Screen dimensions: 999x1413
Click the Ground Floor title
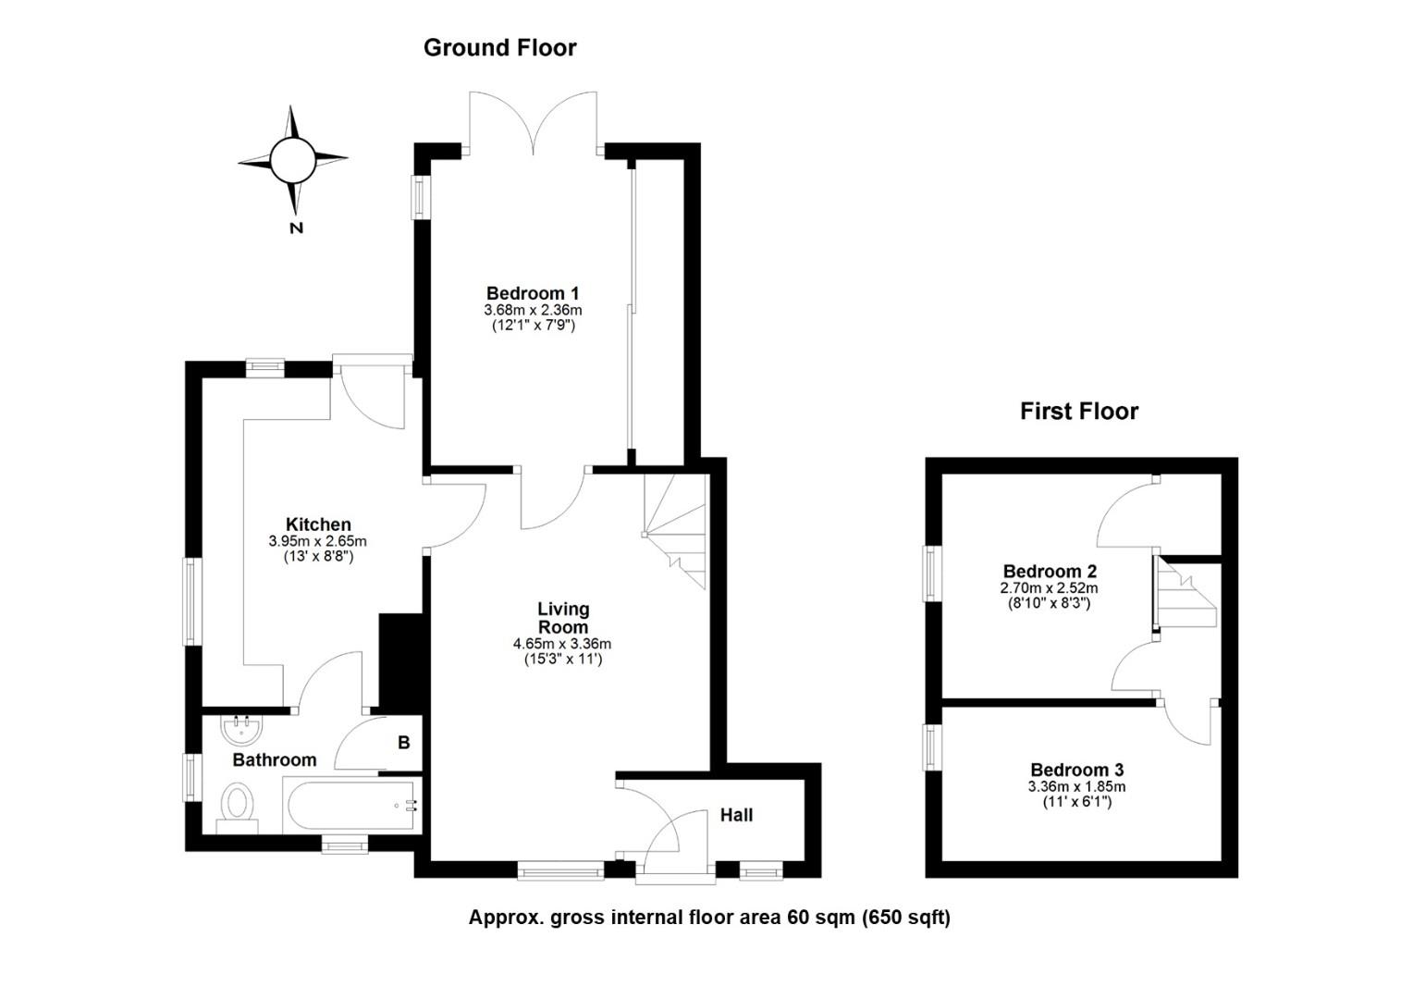(x=499, y=48)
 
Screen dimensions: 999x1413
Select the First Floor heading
(x=1078, y=412)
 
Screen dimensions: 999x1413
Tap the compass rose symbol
(x=293, y=160)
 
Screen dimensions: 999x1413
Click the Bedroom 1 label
(x=533, y=293)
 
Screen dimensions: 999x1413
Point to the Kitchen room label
(x=318, y=524)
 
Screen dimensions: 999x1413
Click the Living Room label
(x=563, y=618)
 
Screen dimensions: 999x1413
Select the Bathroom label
(x=274, y=760)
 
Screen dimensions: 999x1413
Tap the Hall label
(x=736, y=815)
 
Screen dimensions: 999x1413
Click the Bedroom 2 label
(x=1049, y=571)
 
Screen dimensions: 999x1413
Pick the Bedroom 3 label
(x=1076, y=770)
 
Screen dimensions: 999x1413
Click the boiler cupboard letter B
(x=403, y=743)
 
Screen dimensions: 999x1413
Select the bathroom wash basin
(x=242, y=730)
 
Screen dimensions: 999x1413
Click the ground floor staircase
(x=677, y=532)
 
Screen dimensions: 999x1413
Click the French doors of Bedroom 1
(x=533, y=125)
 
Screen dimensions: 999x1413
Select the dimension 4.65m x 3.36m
(x=562, y=644)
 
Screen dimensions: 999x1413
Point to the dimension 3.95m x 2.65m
(x=318, y=541)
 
